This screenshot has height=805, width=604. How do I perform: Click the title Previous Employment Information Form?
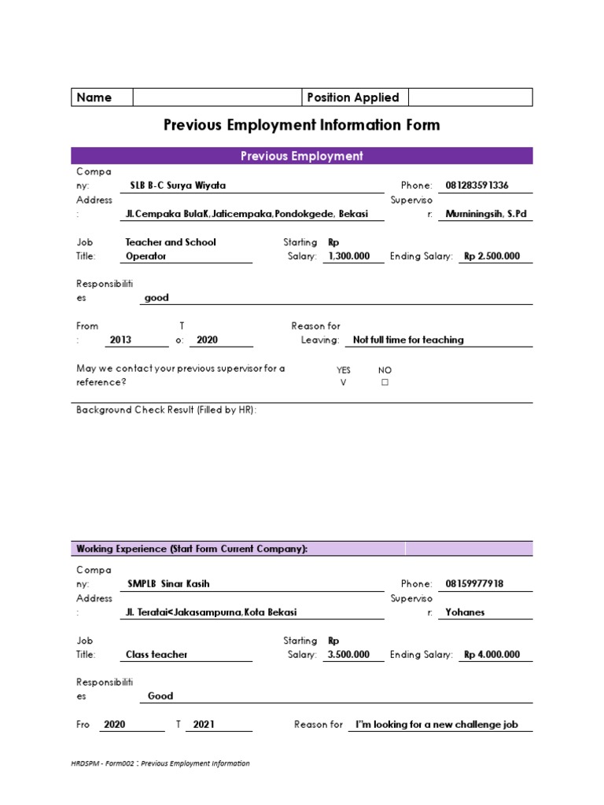[301, 125]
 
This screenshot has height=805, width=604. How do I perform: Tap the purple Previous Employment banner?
[301, 156]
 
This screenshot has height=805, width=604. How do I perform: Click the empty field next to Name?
[217, 97]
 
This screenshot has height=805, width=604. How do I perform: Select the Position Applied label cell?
[353, 97]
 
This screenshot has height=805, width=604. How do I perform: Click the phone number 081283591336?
[477, 186]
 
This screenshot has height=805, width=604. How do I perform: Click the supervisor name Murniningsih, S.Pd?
[485, 214]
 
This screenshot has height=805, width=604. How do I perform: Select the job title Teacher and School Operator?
[171, 249]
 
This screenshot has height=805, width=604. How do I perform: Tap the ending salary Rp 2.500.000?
[492, 256]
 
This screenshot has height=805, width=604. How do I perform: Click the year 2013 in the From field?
[121, 340]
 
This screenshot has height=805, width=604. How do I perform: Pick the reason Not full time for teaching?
[408, 340]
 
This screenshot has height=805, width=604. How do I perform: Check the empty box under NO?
[385, 383]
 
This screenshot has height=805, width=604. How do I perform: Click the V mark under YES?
[343, 383]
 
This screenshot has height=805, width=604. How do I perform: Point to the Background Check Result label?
[166, 410]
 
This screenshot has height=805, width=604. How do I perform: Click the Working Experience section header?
[191, 549]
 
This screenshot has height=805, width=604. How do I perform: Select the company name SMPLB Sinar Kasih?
[168, 584]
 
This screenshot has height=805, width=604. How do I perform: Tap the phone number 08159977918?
[474, 584]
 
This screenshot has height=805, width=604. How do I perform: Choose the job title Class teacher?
[157, 654]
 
